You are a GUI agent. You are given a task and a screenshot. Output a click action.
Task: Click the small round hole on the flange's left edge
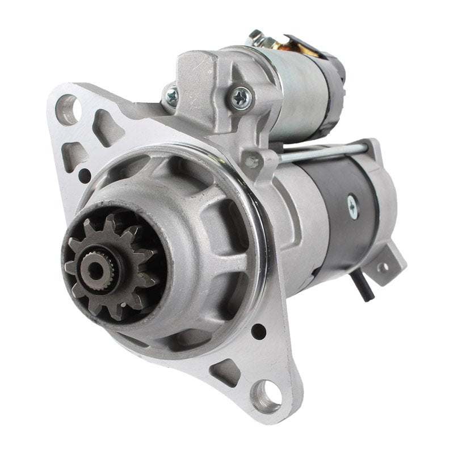pyautogui.click(x=85, y=175)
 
